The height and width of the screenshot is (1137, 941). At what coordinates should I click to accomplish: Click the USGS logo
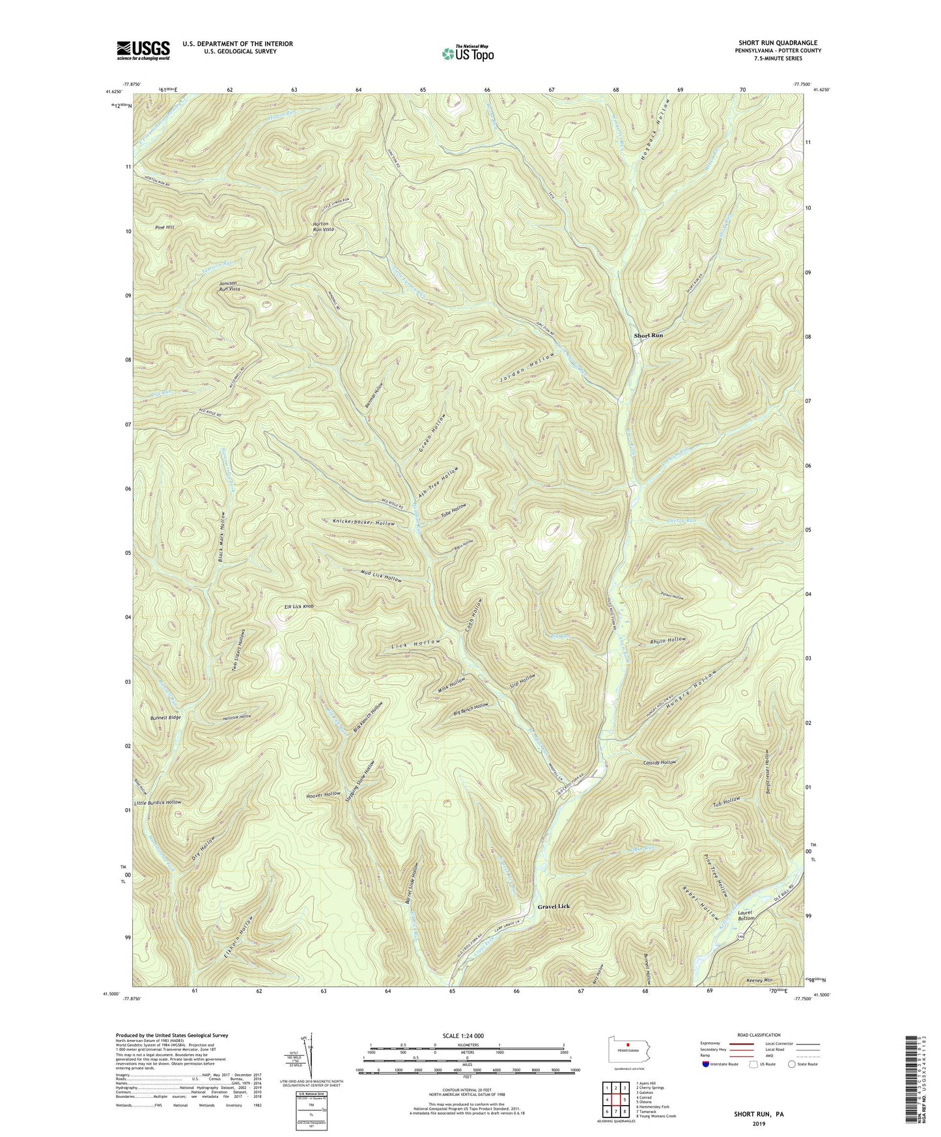(143, 50)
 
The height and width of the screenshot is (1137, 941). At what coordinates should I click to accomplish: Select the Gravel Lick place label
(553, 906)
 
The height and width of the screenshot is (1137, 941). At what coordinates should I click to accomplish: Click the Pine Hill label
(165, 227)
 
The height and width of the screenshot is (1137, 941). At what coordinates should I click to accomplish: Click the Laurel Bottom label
(746, 916)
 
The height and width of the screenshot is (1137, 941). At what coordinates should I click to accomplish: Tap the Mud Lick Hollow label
(381, 576)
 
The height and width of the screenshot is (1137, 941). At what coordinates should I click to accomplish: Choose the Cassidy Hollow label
(659, 763)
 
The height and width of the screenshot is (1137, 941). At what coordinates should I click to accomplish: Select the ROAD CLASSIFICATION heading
(759, 1035)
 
